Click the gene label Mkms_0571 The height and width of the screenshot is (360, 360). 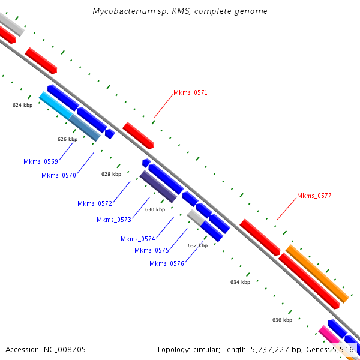pyautogui.click(x=190, y=92)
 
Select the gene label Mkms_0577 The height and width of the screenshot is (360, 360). pyautogui.click(x=314, y=196)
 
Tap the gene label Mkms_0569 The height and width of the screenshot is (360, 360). pyautogui.click(x=41, y=161)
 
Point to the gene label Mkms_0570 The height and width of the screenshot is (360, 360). pyautogui.click(x=59, y=175)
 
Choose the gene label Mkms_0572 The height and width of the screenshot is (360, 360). pyautogui.click(x=95, y=203)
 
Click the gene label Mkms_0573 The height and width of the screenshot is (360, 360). pyautogui.click(x=114, y=220)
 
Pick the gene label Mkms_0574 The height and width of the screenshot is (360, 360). pyautogui.click(x=138, y=239)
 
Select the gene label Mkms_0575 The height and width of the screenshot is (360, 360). pyautogui.click(x=152, y=250)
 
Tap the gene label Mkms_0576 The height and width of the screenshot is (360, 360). pyautogui.click(x=167, y=263)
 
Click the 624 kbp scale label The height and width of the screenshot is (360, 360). pyautogui.click(x=22, y=105)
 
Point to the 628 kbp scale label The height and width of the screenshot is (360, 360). pyautogui.click(x=111, y=174)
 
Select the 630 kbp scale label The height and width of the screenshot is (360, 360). pyautogui.click(x=155, y=209)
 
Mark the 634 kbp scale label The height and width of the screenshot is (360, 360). pyautogui.click(x=240, y=282)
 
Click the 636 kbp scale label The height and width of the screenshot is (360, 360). pyautogui.click(x=282, y=320)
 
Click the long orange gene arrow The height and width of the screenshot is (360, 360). pyautogui.click(x=317, y=274)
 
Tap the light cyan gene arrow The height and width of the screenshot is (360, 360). pyautogui.click(x=55, y=106)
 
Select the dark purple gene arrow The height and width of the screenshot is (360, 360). pyautogui.click(x=158, y=187)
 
